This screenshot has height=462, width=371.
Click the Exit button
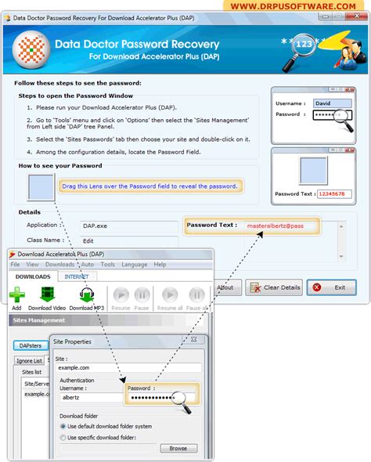tap(331, 287)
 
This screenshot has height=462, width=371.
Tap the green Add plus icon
tap(16, 295)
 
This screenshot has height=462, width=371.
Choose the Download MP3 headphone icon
tap(87, 295)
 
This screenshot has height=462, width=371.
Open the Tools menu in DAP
tap(107, 265)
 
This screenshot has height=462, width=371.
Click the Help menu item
tap(160, 265)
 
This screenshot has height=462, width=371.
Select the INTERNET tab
tap(76, 276)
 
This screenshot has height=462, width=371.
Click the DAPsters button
tap(31, 345)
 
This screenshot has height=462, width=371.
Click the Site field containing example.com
tap(130, 367)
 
